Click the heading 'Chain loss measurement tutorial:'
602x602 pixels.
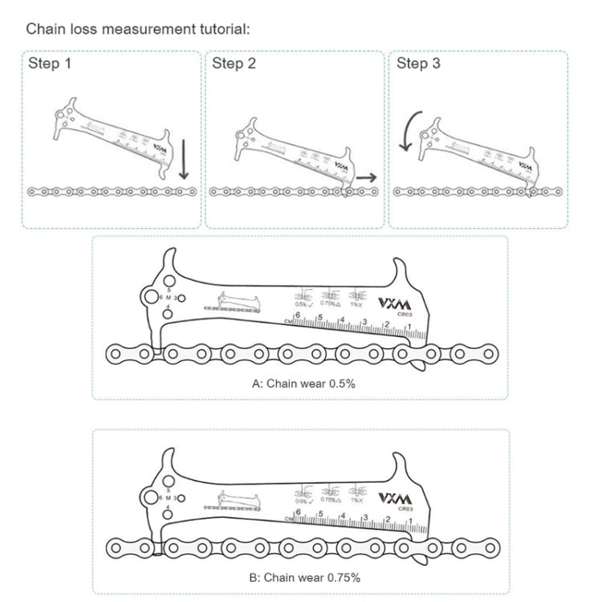(x=138, y=29)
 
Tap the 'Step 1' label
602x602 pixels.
(x=50, y=64)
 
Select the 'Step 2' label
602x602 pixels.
(x=234, y=64)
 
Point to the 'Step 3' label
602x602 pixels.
(x=418, y=64)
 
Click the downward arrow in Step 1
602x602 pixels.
(x=184, y=159)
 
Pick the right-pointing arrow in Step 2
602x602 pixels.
(x=368, y=177)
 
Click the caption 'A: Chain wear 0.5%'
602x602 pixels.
(x=303, y=384)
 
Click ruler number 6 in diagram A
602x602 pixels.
(x=297, y=315)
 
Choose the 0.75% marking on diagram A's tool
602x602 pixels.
(x=330, y=302)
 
